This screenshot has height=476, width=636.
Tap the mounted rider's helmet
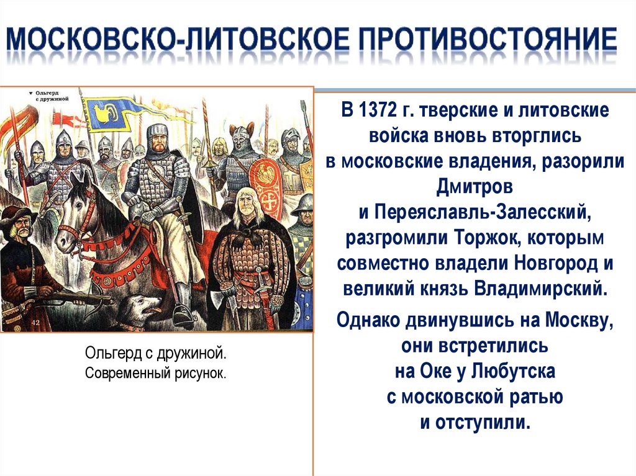pos(158,133)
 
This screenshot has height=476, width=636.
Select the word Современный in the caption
pos(123,374)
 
